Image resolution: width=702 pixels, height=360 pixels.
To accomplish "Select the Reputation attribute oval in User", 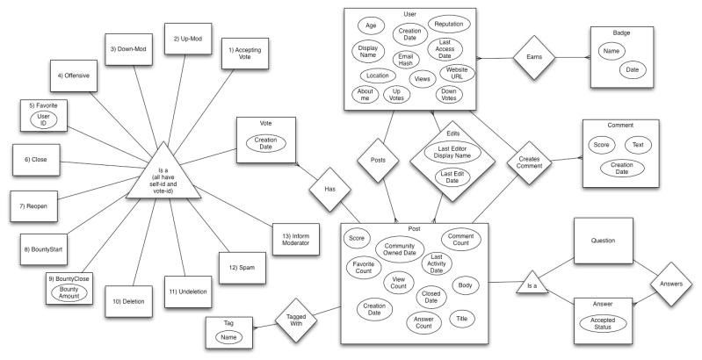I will click(x=449, y=24).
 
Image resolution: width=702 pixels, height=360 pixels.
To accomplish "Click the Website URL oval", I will click(x=456, y=73).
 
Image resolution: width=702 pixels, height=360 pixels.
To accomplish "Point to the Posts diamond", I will click(x=379, y=161).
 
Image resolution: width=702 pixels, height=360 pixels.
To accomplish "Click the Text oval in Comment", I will click(x=637, y=144).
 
